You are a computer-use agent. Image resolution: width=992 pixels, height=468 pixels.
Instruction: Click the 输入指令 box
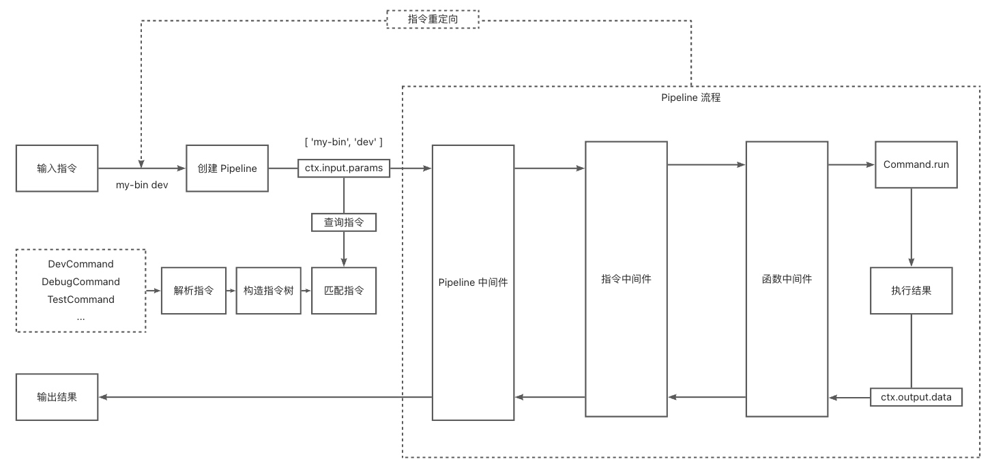tap(57, 168)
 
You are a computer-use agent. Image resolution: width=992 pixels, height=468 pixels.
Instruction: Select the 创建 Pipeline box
tap(227, 168)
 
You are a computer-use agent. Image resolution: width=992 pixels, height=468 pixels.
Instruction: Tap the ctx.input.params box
tap(344, 168)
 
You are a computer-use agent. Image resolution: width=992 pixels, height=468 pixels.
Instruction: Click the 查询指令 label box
tap(344, 222)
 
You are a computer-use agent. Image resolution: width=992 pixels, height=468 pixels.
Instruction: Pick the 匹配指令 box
tap(344, 290)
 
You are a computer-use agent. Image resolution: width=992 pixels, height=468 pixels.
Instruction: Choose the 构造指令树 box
tap(268, 290)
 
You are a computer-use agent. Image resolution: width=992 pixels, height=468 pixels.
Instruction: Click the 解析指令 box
tap(194, 290)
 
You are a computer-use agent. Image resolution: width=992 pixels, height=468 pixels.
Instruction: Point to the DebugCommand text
tap(81, 282)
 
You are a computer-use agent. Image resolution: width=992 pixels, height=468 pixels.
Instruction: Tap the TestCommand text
tap(81, 299)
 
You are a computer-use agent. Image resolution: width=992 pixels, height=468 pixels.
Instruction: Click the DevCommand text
tap(81, 264)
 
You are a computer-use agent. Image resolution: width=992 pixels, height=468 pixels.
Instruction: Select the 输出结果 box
tap(57, 396)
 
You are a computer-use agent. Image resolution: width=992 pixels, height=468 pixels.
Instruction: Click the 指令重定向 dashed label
tap(433, 19)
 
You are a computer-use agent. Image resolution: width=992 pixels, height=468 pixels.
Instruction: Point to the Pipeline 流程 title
tap(690, 98)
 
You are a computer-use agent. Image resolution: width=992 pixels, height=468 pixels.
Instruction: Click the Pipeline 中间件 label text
tap(473, 282)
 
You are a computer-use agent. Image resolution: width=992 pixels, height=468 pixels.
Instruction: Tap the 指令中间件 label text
tap(626, 278)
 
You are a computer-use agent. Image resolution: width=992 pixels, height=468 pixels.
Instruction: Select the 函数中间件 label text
tap(787, 278)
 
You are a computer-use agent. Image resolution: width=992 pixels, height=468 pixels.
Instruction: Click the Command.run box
tap(916, 164)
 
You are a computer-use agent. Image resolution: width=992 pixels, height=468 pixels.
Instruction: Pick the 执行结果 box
tap(911, 290)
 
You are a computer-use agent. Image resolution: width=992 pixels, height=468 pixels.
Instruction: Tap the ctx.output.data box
tap(916, 396)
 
